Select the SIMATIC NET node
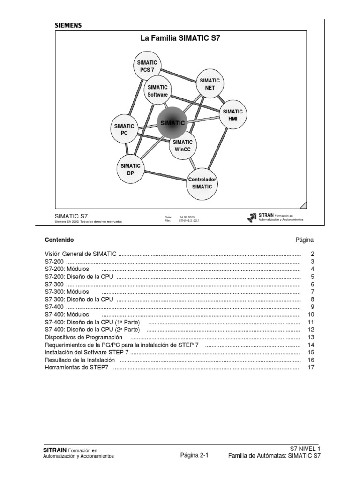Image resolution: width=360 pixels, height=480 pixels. (210, 84)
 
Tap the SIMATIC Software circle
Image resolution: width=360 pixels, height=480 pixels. (157, 91)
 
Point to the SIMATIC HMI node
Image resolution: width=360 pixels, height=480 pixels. (232, 115)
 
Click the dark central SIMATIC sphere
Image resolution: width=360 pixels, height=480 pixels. (172, 122)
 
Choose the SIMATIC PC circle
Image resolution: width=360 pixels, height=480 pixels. (124, 129)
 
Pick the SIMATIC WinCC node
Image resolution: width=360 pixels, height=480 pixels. (182, 145)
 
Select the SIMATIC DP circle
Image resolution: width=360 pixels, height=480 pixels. (130, 169)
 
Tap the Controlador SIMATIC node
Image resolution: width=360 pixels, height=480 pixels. (202, 183)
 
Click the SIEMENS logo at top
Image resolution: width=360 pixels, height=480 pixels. (68, 25)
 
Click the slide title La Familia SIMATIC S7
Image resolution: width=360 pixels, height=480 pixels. (180, 39)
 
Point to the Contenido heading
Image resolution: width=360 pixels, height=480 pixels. (59, 240)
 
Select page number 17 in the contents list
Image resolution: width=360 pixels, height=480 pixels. (310, 367)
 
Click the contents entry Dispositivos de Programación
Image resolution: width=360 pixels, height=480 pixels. (83, 337)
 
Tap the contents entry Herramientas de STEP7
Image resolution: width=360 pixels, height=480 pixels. (76, 367)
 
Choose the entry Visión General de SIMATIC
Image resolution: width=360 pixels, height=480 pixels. (81, 254)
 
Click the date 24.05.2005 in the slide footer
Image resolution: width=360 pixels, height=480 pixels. (187, 217)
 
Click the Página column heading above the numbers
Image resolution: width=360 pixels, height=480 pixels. (304, 240)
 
